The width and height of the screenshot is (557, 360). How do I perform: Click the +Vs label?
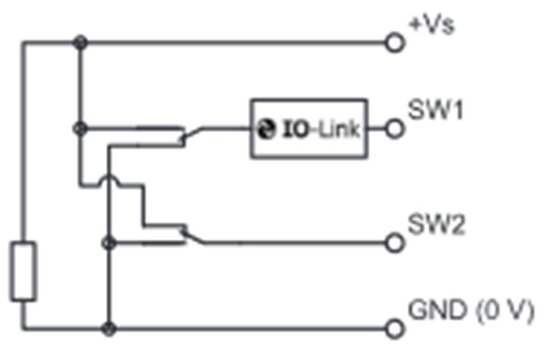tap(432, 25)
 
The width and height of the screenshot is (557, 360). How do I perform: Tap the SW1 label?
tap(436, 109)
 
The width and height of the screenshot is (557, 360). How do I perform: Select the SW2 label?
tap(437, 224)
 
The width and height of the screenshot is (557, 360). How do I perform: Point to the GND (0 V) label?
tap(471, 311)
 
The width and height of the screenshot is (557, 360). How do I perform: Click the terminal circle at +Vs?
tap(395, 42)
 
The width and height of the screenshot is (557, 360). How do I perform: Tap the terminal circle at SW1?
tap(395, 129)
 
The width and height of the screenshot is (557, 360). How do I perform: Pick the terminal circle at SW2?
tap(395, 243)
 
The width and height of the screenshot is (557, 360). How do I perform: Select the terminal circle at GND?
tap(395, 329)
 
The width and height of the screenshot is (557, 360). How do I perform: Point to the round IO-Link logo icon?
tap(266, 129)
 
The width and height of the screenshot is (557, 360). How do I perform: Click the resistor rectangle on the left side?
tap(24, 271)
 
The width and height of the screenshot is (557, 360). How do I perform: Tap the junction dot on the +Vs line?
tap(80, 42)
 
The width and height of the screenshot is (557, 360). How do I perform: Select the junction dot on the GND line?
tap(109, 329)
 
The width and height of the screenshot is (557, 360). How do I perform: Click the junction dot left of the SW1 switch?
tap(80, 129)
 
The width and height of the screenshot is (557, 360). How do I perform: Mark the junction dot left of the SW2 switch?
tap(109, 243)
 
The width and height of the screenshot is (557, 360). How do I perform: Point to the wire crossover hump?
tap(109, 177)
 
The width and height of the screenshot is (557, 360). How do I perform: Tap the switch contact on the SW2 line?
tap(193, 235)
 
